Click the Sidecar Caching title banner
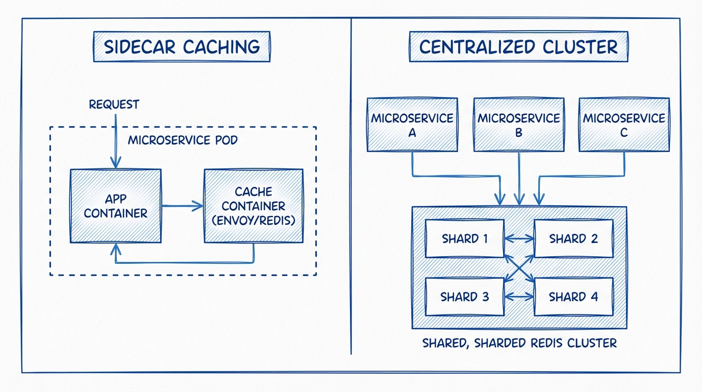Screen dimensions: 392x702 (x=182, y=47)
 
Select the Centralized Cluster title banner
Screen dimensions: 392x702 (x=518, y=47)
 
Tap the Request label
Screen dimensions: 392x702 (x=114, y=105)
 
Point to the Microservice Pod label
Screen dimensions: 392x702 (x=183, y=140)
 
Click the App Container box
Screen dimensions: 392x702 (x=116, y=206)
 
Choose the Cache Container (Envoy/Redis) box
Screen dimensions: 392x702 (x=254, y=206)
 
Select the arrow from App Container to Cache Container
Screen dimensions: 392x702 (x=183, y=206)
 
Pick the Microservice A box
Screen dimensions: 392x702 (x=412, y=125)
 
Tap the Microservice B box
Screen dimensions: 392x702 (x=519, y=125)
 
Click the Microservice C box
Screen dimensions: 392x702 (x=624, y=125)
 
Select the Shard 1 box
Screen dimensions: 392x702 (x=464, y=238)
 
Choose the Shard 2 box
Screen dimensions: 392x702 (x=573, y=238)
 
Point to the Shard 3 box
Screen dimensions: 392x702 (x=464, y=297)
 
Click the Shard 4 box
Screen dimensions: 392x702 (x=573, y=297)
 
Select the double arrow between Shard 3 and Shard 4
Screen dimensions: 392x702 (x=519, y=297)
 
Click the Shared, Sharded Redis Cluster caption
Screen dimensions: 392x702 (x=519, y=342)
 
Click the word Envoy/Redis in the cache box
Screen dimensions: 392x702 (x=254, y=221)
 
